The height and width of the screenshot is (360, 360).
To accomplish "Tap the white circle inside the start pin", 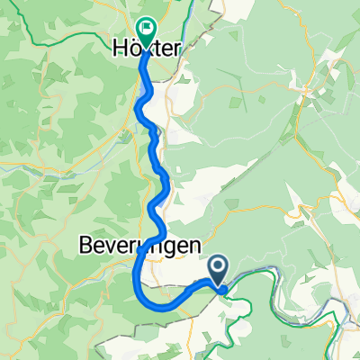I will pyautogui.click(x=219, y=265).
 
